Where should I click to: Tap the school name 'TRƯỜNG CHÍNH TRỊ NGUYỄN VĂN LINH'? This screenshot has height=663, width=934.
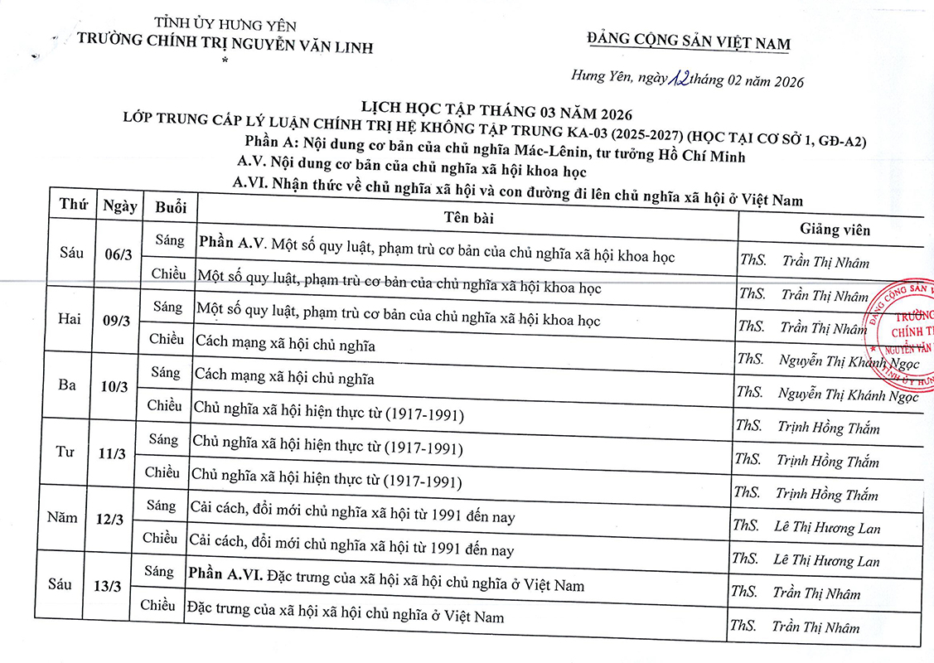[225, 46]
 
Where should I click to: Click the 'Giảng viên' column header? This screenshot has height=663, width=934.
[835, 230]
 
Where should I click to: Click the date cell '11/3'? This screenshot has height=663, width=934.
[112, 453]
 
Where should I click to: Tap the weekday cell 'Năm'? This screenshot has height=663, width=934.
[62, 518]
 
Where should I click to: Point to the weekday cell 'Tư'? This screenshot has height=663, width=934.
[65, 452]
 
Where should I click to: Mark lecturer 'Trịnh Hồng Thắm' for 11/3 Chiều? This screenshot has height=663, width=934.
[827, 495]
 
